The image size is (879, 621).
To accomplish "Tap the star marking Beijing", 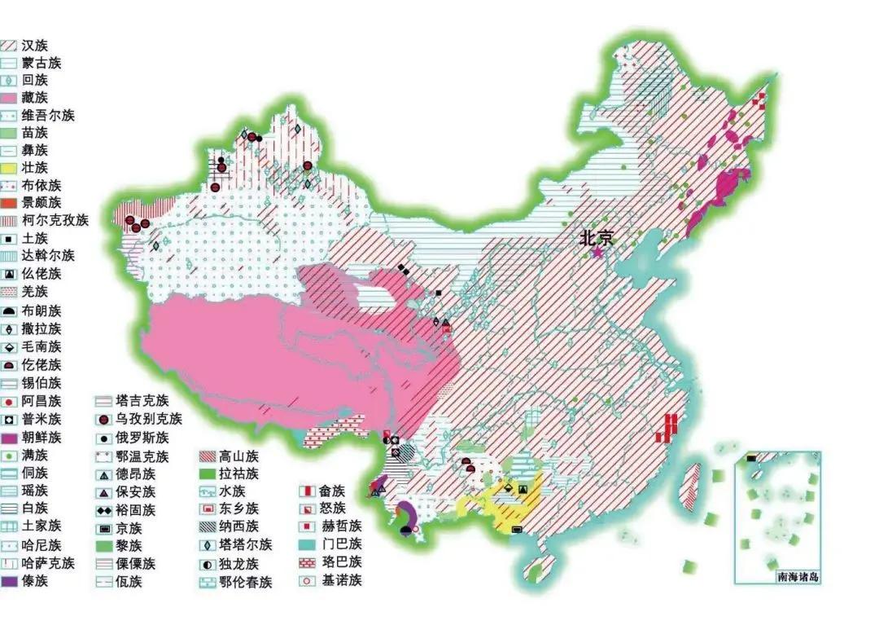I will [x=598, y=253].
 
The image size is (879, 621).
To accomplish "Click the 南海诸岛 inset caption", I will [x=798, y=577].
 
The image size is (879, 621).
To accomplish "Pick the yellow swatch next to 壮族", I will [x=9, y=169].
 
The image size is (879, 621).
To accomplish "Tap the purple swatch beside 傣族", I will [x=9, y=581].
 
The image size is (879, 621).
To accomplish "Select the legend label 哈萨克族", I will [x=48, y=563].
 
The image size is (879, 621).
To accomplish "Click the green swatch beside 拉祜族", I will [x=210, y=473].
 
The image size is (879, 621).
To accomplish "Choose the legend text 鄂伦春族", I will [x=245, y=581].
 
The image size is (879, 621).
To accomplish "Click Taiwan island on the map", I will [x=693, y=489].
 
